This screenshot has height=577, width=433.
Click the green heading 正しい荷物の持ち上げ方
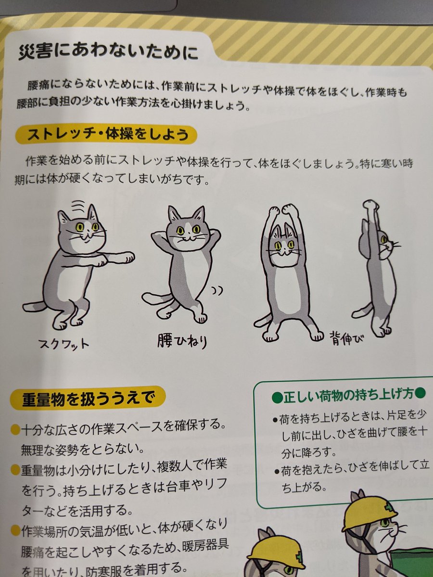pos(348,397)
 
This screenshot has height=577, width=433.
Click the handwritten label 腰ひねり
pos(181,341)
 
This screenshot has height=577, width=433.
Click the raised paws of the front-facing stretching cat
pos(284,211)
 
